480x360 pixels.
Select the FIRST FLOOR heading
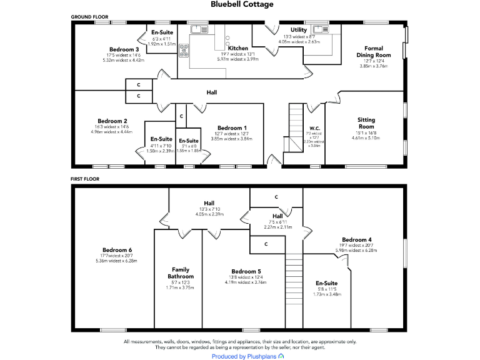(85, 179)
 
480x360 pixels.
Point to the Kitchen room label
(237, 48)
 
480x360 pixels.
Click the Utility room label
(298, 30)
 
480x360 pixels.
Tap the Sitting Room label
(366, 122)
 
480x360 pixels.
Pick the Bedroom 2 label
(112, 121)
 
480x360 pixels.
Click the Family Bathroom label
(180, 273)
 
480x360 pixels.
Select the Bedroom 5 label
(246, 271)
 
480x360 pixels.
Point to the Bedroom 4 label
(357, 240)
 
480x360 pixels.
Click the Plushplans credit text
(244, 356)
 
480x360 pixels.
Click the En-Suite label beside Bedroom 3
(162, 32)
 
